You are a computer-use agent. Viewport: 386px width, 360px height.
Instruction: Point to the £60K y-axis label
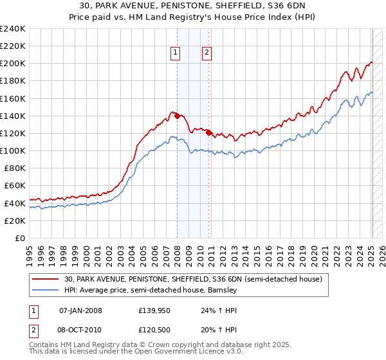(x=14, y=186)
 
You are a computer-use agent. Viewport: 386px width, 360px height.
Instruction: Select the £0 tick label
(x=19, y=238)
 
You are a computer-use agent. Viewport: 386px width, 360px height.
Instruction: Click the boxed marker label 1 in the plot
(x=175, y=53)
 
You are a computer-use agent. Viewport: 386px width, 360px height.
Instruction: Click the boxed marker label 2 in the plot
(x=207, y=53)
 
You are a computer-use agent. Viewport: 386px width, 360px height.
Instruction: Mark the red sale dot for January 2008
(x=178, y=116)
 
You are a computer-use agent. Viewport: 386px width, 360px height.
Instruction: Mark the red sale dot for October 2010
(x=209, y=133)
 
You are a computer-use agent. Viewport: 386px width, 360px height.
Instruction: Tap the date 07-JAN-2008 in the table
(x=80, y=310)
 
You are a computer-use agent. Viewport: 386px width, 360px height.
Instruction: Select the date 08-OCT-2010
(x=80, y=328)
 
